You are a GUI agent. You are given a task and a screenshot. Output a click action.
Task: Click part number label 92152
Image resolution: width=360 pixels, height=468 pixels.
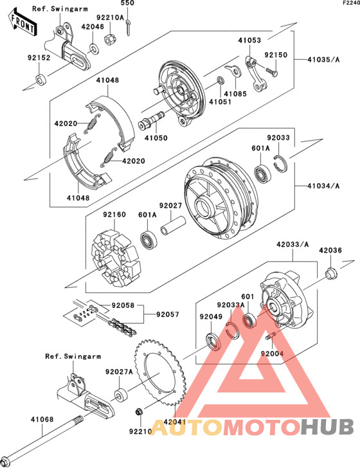[x=39, y=57]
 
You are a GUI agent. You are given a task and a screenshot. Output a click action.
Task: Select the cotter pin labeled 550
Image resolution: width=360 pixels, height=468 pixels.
[x=128, y=27]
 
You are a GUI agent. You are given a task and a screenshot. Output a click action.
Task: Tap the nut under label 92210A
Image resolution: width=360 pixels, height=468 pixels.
[x=110, y=39]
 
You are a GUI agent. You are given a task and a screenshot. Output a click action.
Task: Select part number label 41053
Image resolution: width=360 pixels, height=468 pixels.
[x=249, y=40]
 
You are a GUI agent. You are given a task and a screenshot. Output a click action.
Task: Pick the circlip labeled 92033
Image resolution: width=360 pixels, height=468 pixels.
[x=280, y=163]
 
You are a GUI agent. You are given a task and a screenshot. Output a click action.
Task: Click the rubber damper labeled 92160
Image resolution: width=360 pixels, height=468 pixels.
[x=116, y=258]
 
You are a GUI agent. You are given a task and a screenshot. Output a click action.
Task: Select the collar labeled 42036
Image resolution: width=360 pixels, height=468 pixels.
[x=331, y=274]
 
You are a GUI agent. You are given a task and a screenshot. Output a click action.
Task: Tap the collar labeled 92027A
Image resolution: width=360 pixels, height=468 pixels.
[x=122, y=395]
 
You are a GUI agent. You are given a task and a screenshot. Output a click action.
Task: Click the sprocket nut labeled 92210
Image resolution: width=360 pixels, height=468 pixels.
[x=138, y=411]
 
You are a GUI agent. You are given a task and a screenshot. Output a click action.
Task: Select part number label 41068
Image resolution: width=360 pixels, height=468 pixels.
[x=42, y=419]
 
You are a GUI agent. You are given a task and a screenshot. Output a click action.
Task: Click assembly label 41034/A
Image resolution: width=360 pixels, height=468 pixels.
[x=323, y=186]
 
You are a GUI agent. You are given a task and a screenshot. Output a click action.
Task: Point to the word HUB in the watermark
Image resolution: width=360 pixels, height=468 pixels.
[x=327, y=426]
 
